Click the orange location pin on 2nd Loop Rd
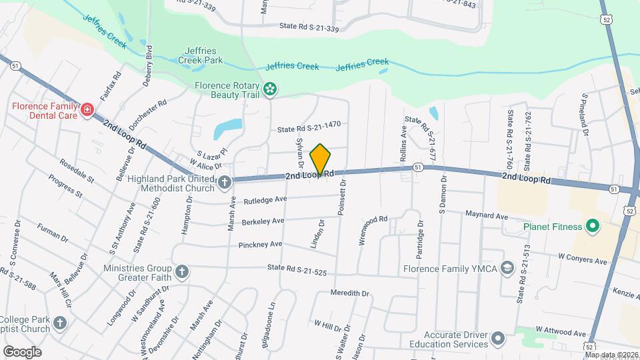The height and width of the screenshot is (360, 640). [x=320, y=160]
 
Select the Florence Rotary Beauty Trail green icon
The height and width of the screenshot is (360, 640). [x=270, y=88]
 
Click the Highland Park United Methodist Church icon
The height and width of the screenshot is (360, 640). [x=225, y=181]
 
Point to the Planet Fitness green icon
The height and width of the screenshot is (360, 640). [x=591, y=227]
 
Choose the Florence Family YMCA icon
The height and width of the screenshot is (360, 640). [x=507, y=269]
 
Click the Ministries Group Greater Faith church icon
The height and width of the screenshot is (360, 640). [x=181, y=271]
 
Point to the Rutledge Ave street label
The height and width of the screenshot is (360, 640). [x=265, y=199]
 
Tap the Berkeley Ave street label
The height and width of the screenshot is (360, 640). [x=264, y=221]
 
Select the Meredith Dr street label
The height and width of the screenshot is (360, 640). [x=349, y=293]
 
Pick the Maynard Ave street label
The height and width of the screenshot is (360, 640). [x=486, y=216]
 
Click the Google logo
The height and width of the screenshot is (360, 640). [x=22, y=351]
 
